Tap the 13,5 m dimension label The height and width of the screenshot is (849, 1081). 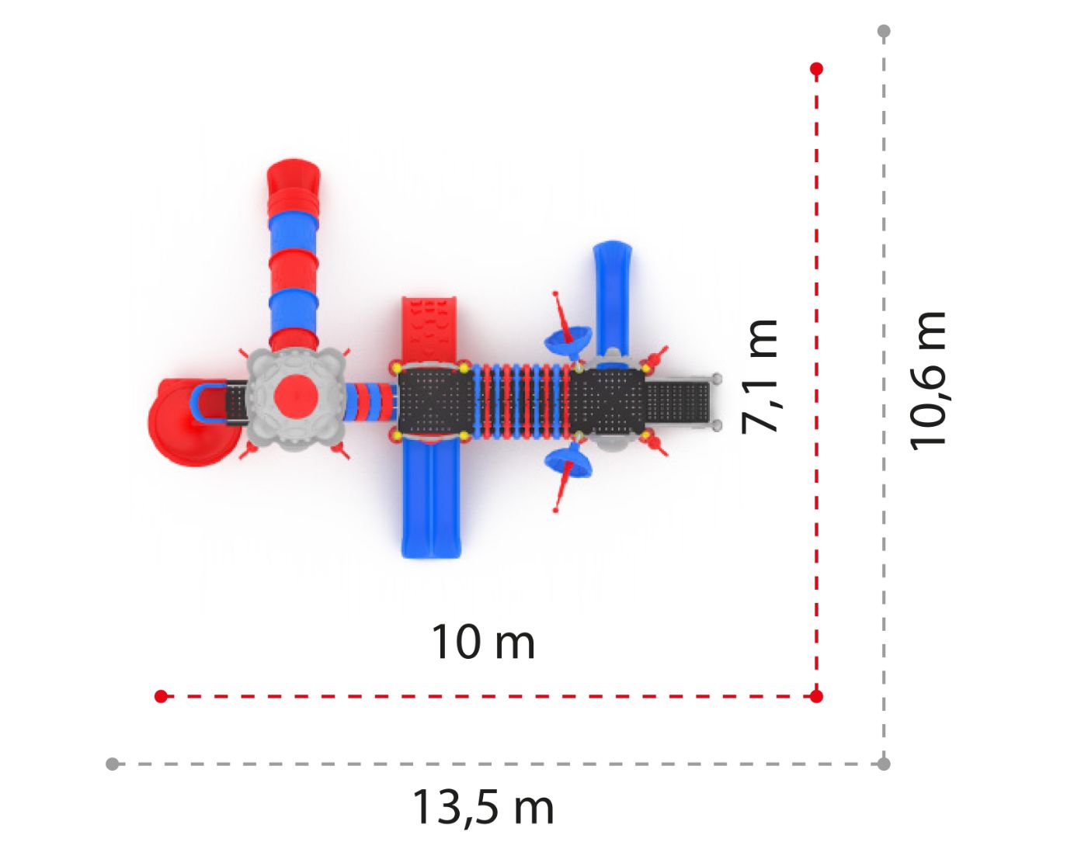pyautogui.click(x=483, y=808)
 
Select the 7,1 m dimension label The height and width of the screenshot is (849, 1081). pyautogui.click(x=759, y=377)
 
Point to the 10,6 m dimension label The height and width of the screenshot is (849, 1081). pyautogui.click(x=927, y=381)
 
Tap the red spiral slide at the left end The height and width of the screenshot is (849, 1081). pyautogui.click(x=194, y=422)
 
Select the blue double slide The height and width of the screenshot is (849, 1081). pyautogui.click(x=431, y=498)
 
